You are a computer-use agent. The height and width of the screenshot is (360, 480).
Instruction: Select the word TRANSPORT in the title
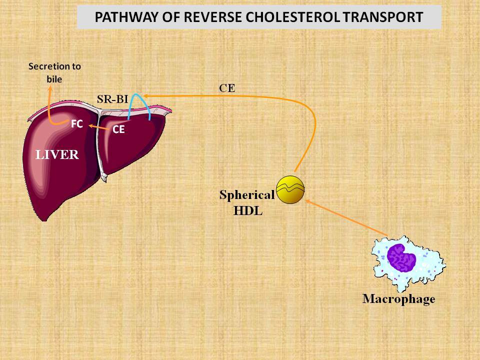click(x=382, y=17)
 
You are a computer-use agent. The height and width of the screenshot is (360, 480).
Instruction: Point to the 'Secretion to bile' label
click(x=54, y=72)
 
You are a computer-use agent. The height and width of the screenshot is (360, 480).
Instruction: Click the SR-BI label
click(x=112, y=99)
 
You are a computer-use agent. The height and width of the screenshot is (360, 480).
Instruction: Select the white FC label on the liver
click(x=77, y=123)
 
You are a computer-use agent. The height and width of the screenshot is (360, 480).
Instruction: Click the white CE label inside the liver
click(x=118, y=129)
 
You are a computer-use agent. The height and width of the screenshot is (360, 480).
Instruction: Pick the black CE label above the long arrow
click(x=227, y=88)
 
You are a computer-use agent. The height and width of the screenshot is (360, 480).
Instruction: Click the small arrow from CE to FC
click(x=99, y=127)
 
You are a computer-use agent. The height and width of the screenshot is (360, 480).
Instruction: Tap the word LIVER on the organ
click(x=57, y=154)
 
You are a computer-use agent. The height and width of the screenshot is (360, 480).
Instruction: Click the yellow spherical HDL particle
click(x=290, y=190)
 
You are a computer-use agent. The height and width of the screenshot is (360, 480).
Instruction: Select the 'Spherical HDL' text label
click(x=247, y=202)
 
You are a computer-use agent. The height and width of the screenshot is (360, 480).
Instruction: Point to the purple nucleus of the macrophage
click(x=401, y=258)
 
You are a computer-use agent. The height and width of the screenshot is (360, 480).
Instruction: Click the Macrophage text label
click(x=398, y=299)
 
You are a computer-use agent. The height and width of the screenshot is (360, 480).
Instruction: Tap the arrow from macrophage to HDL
click(x=346, y=217)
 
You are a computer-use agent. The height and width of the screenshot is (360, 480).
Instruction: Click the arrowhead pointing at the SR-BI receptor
click(x=145, y=96)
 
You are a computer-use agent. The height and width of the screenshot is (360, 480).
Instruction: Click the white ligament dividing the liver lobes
click(x=100, y=144)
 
